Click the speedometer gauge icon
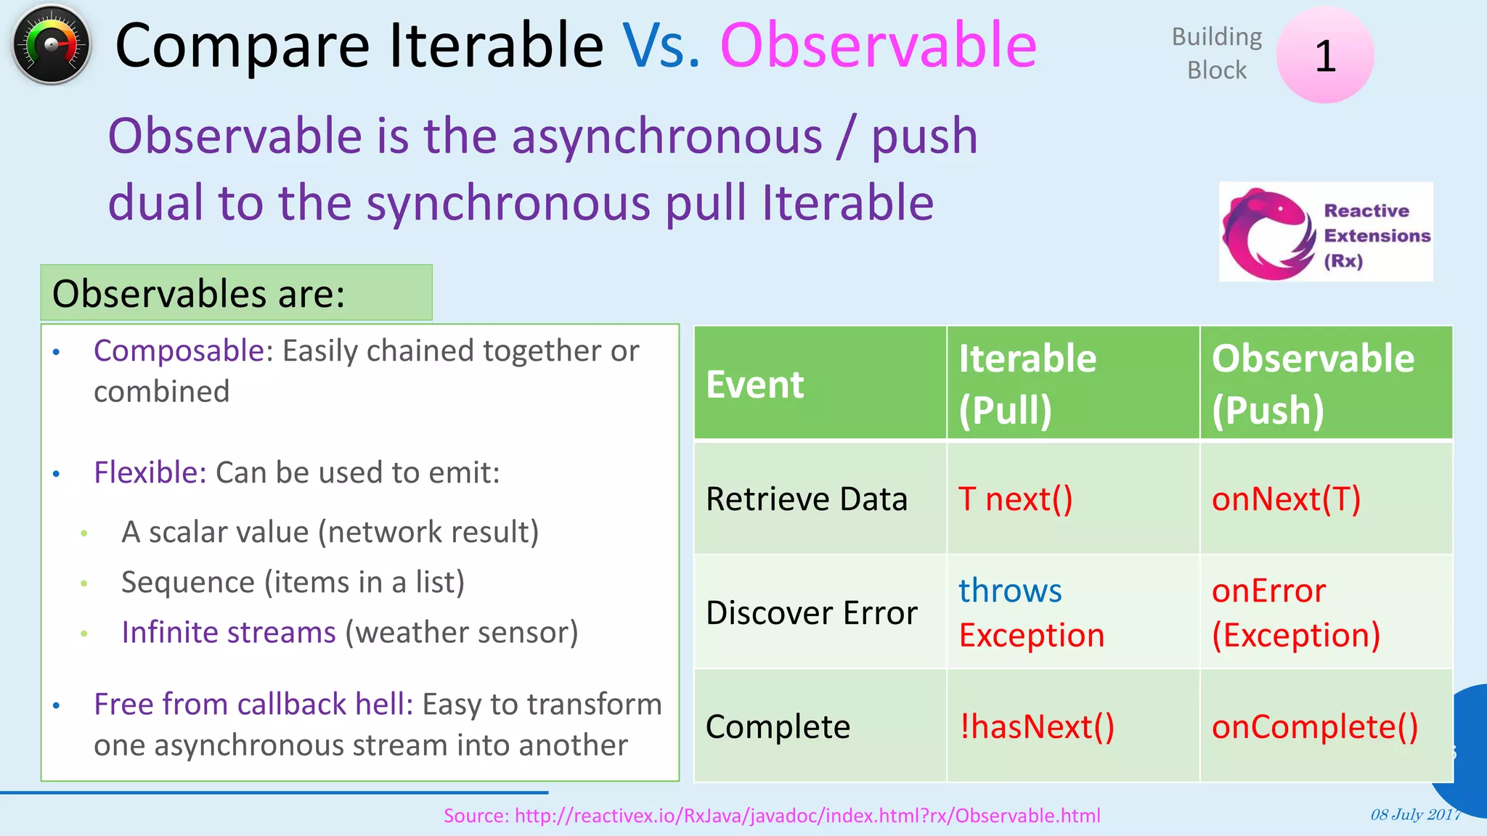point(51,45)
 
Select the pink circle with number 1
point(1324,55)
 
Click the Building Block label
point(1217,53)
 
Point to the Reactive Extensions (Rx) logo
point(1325,232)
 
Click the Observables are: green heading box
point(236,293)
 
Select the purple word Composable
point(179,351)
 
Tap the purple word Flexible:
point(150,472)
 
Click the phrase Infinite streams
point(229,632)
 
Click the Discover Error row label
point(812,613)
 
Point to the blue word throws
point(1010,591)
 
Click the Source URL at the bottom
point(772,816)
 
